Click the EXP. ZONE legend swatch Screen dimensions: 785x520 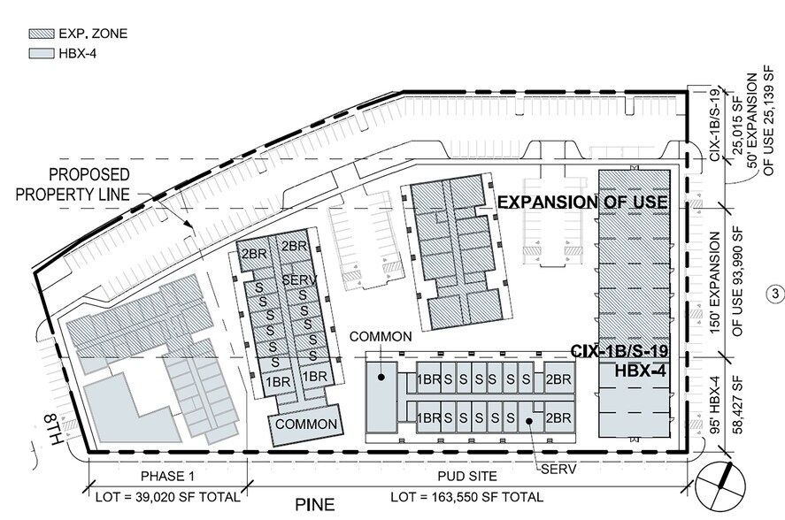pyautogui.click(x=41, y=34)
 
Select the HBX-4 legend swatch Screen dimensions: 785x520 pyautogui.click(x=41, y=54)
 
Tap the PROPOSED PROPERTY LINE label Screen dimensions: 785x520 pyautogui.click(x=73, y=184)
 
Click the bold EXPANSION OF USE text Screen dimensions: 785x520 pyautogui.click(x=582, y=203)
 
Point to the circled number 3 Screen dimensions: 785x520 pyautogui.click(x=775, y=294)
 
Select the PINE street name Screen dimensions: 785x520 pyautogui.click(x=314, y=504)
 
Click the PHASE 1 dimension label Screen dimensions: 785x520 pyautogui.click(x=167, y=476)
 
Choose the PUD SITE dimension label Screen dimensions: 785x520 pyautogui.click(x=467, y=476)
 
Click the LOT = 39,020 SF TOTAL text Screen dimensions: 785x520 pyautogui.click(x=168, y=498)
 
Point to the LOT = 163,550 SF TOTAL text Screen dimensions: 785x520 pyautogui.click(x=466, y=498)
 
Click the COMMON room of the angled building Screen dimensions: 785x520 pyautogui.click(x=306, y=424)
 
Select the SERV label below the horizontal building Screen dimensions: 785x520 pyautogui.click(x=558, y=469)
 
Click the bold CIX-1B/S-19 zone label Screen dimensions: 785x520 pyautogui.click(x=620, y=351)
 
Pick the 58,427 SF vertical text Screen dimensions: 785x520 pyautogui.click(x=738, y=404)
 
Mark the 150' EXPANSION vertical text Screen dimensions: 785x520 pyautogui.click(x=715, y=283)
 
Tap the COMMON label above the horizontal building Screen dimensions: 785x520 pyautogui.click(x=381, y=337)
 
